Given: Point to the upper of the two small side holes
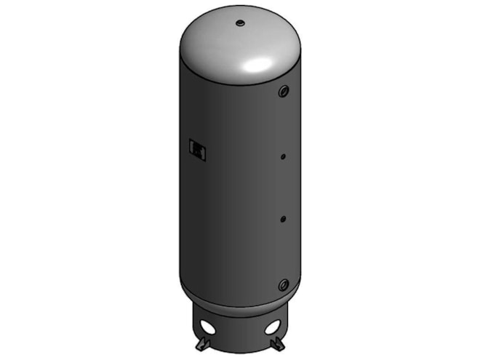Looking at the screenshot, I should [284, 155].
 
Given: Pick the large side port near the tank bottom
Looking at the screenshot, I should [282, 284].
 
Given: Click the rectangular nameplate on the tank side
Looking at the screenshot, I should [197, 148].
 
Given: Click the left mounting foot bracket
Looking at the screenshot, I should [204, 343].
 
